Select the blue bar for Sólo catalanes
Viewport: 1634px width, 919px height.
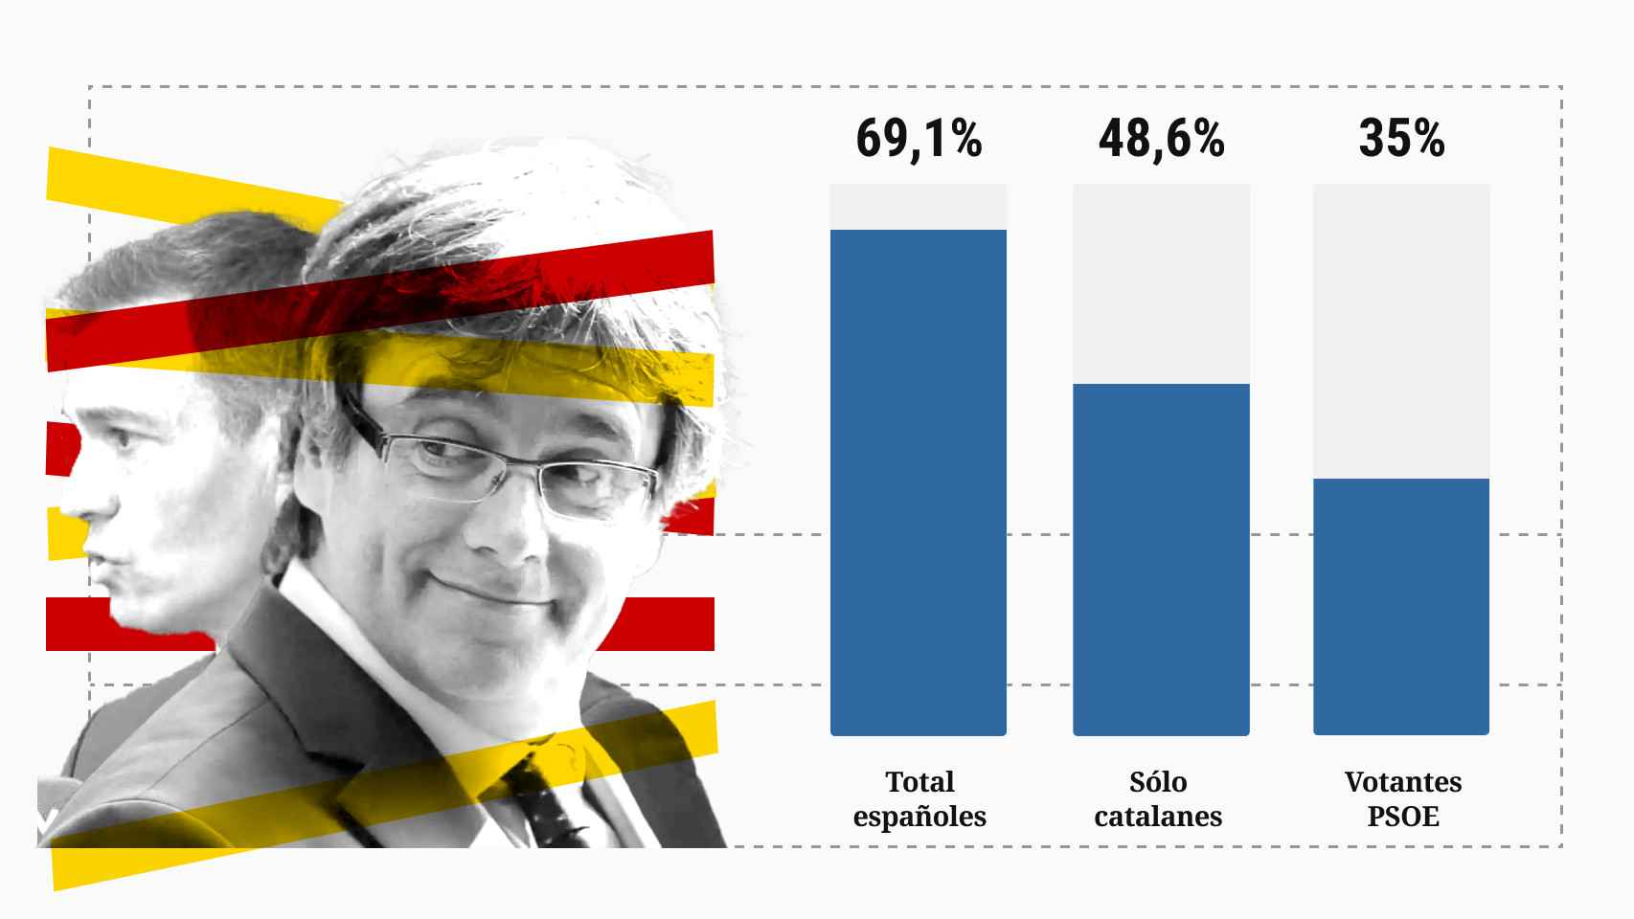coord(1160,559)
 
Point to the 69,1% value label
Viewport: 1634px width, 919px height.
coord(919,139)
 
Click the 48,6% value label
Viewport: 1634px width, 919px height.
coord(1161,139)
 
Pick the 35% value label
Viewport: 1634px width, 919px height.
coord(1401,139)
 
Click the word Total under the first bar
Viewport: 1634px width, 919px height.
coord(919,782)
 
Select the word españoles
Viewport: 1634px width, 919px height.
coord(919,817)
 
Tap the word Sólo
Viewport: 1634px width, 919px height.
coord(1158,782)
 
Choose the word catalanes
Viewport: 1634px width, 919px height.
coord(1158,817)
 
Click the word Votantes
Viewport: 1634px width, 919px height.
coord(1403,782)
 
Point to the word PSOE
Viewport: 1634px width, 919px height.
coord(1403,817)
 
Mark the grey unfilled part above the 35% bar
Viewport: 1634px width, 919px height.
coord(1400,330)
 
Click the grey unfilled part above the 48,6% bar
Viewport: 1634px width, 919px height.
coord(1160,283)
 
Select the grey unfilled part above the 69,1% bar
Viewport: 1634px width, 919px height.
coord(918,206)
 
